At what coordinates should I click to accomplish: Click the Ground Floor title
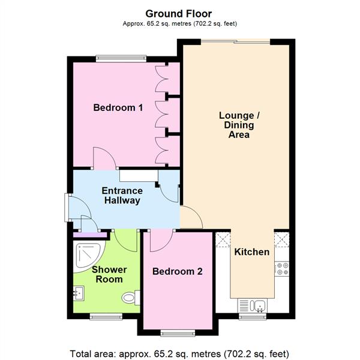pos(178,13)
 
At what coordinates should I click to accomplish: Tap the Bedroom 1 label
pos(118,108)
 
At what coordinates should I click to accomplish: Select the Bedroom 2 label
pos(177,271)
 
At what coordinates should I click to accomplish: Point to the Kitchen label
pos(251,252)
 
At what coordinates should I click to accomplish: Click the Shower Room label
pos(107,274)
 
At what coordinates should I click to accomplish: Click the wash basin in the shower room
pos(79,293)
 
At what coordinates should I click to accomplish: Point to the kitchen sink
pos(252,306)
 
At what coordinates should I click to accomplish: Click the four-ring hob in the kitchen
pos(282,269)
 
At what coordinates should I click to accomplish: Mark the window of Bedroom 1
pos(121,58)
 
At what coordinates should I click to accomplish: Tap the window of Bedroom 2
pos(177,333)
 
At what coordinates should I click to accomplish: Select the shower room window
pos(106,315)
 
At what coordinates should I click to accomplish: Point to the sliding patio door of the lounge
pos(235,41)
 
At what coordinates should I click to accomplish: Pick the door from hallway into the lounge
pos(191,217)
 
